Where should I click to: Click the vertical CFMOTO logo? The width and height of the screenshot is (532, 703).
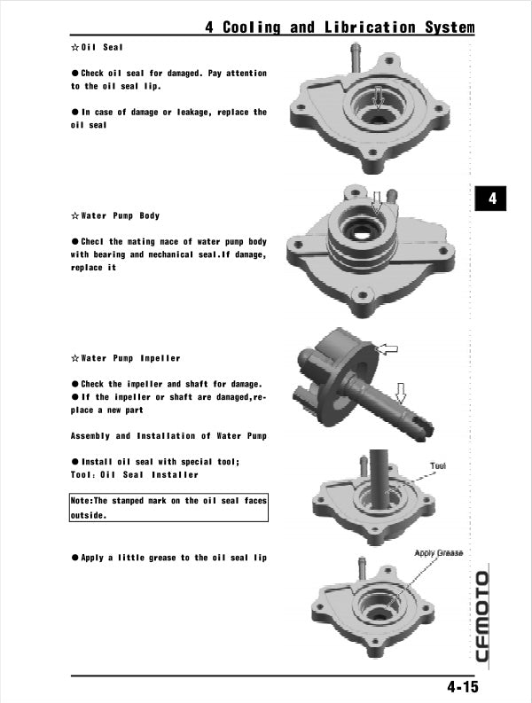(x=481, y=617)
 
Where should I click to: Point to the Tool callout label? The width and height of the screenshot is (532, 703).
(x=438, y=465)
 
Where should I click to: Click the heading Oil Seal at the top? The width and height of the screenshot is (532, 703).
(x=102, y=46)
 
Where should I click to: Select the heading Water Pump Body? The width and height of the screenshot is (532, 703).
(x=121, y=215)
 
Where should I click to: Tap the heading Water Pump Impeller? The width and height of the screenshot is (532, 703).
(x=130, y=358)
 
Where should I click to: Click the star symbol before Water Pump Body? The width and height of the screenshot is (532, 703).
(x=75, y=215)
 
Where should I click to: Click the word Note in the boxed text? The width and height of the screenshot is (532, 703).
(x=82, y=501)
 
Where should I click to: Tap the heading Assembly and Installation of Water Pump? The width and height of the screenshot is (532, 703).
(x=168, y=436)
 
